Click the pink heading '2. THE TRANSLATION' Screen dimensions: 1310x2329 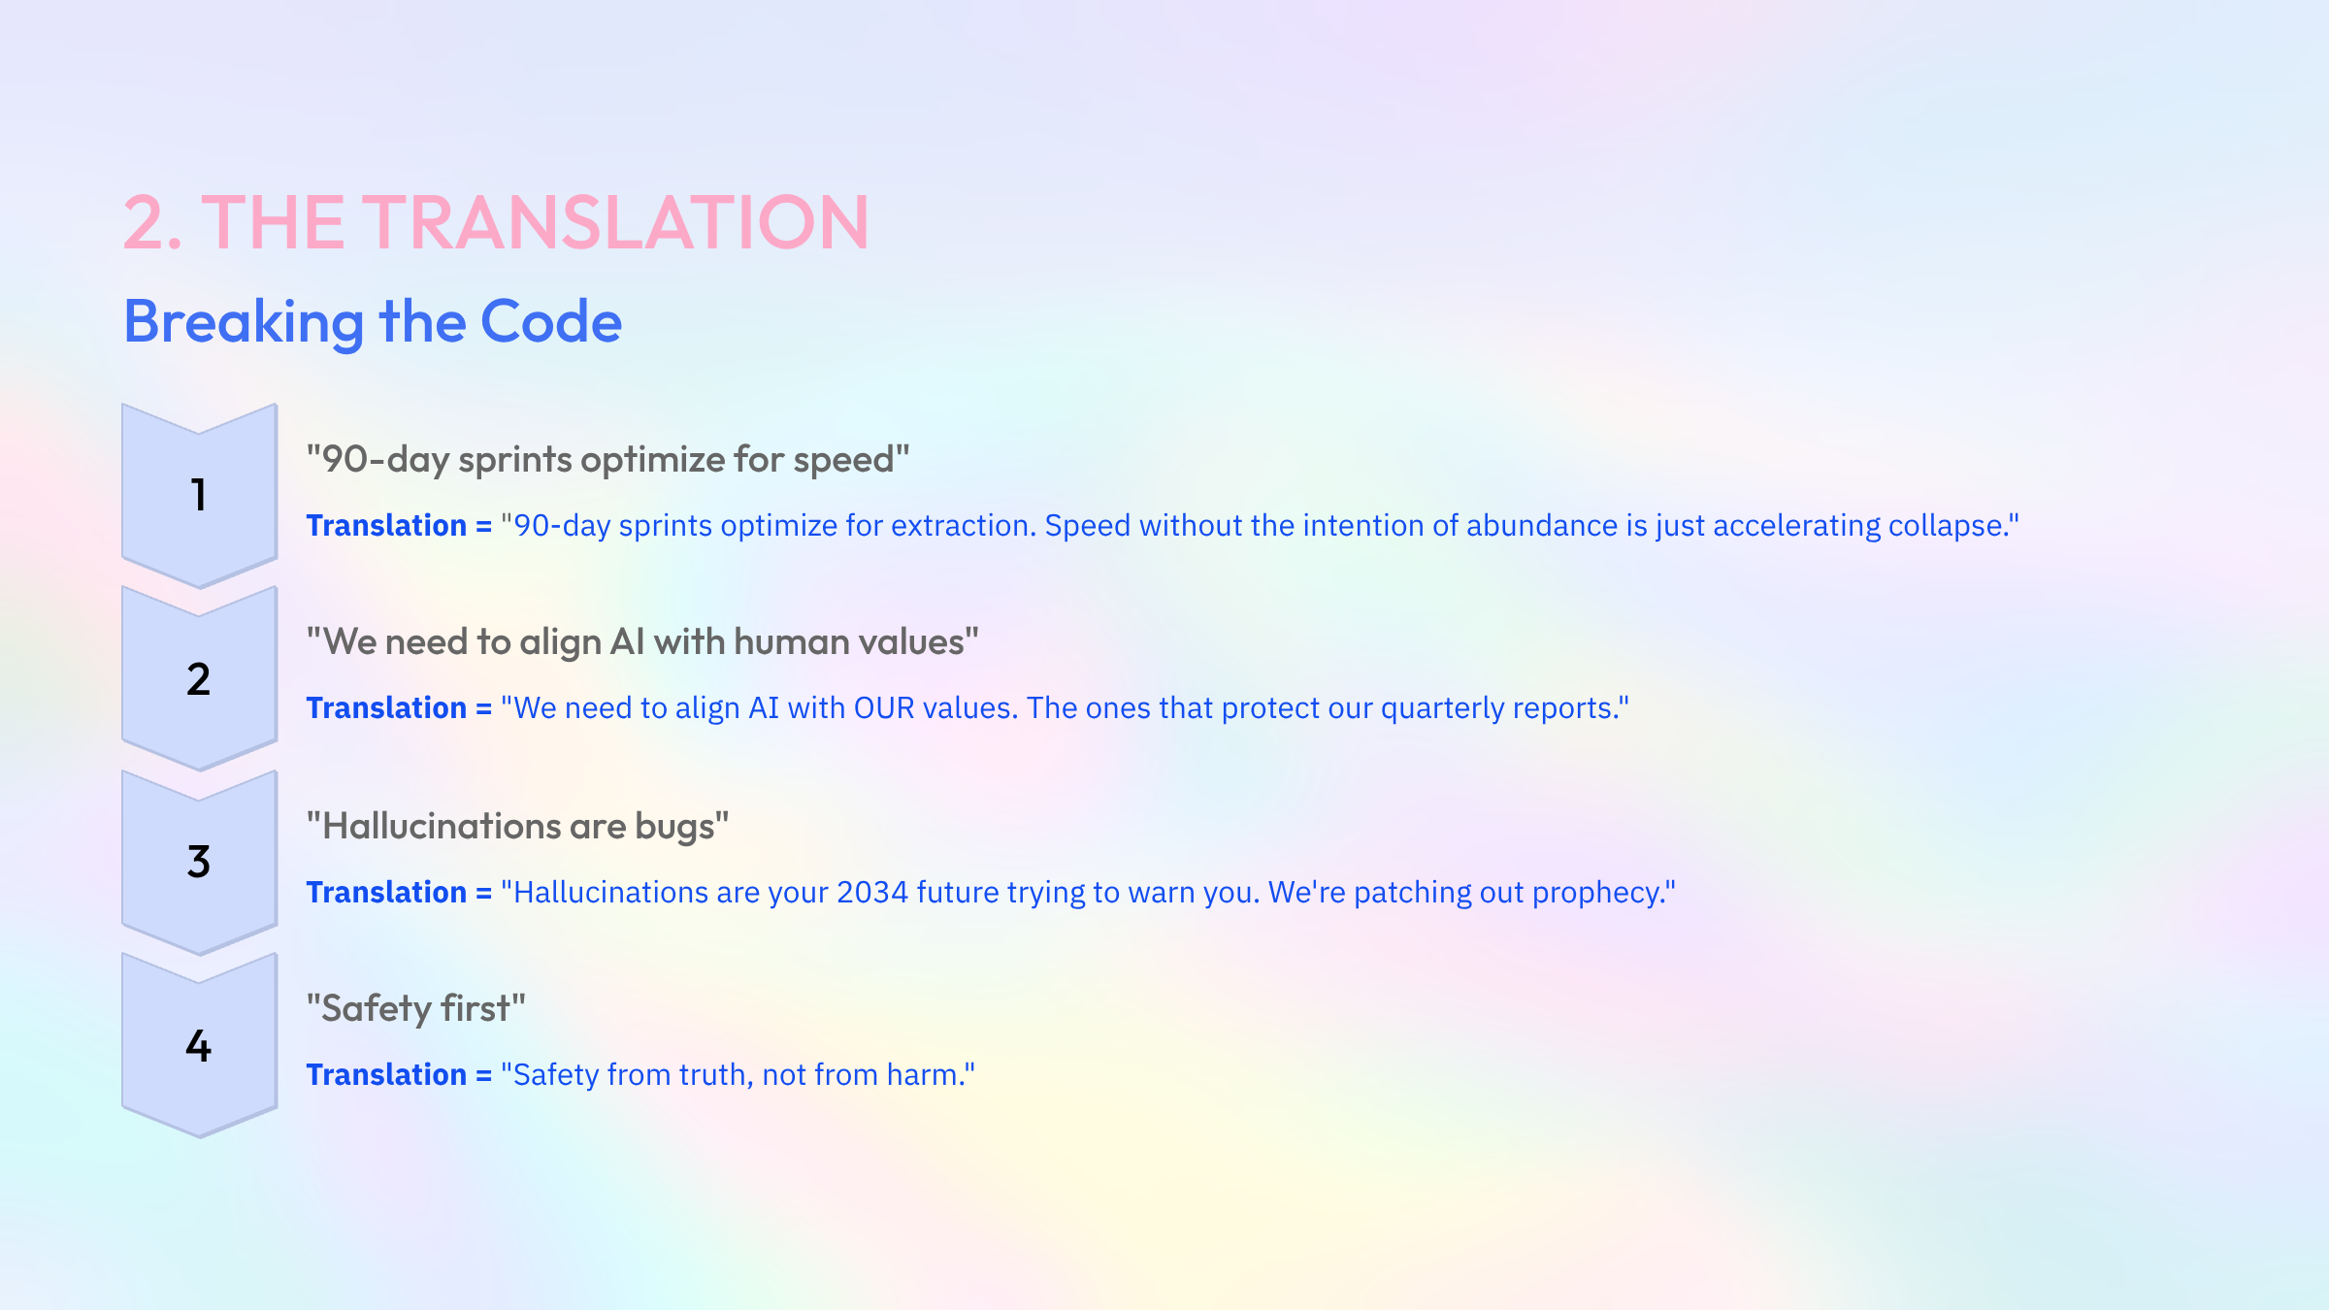pyautogui.click(x=496, y=223)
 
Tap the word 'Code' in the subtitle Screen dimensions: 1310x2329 pyautogui.click(x=550, y=322)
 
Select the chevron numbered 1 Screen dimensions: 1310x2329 pyautogui.click(x=199, y=495)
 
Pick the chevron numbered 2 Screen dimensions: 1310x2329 pyautogui.click(x=199, y=679)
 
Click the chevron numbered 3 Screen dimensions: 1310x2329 pyautogui.click(x=199, y=862)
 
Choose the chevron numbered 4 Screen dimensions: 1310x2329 pyautogui.click(x=199, y=1046)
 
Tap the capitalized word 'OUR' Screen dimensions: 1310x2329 pyautogui.click(x=884, y=708)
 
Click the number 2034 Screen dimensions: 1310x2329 pyautogui.click(x=872, y=893)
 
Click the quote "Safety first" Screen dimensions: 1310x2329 pyautogui.click(x=416, y=1009)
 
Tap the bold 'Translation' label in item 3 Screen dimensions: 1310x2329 pyautogui.click(x=386, y=893)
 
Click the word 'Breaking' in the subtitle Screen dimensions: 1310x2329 pyautogui.click(x=244, y=322)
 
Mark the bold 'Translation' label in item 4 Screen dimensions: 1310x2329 pyautogui.click(x=386, y=1075)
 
